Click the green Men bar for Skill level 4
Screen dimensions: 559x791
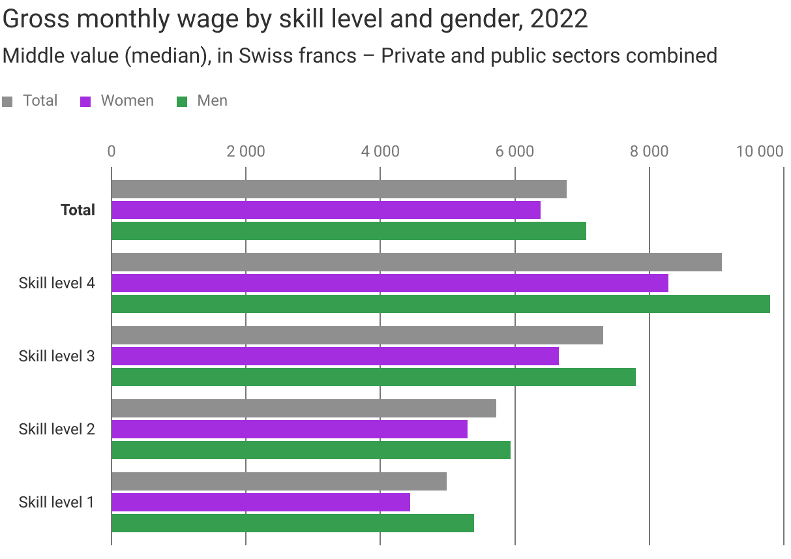click(440, 304)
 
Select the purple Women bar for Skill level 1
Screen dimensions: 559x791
click(261, 502)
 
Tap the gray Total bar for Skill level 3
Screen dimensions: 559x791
click(357, 335)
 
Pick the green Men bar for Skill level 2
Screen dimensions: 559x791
click(310, 450)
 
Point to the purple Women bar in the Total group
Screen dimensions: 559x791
click(326, 210)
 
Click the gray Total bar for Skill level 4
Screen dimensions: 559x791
click(416, 262)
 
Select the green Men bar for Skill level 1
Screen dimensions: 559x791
click(292, 523)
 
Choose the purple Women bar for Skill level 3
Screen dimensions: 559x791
click(335, 356)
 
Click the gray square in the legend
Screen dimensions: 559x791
click(8, 102)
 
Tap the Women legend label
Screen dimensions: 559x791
click(127, 100)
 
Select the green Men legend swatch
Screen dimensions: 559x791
click(183, 102)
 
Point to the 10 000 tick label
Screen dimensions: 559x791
click(759, 151)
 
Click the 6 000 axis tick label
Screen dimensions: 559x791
click(515, 151)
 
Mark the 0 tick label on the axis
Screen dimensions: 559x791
click(112, 151)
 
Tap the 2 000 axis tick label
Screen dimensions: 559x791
click(246, 151)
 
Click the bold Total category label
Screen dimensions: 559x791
click(78, 210)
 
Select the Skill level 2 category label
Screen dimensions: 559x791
click(57, 429)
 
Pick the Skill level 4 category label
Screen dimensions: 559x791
click(57, 283)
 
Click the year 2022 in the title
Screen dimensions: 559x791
click(559, 20)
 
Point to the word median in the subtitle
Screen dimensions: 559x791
click(163, 55)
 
